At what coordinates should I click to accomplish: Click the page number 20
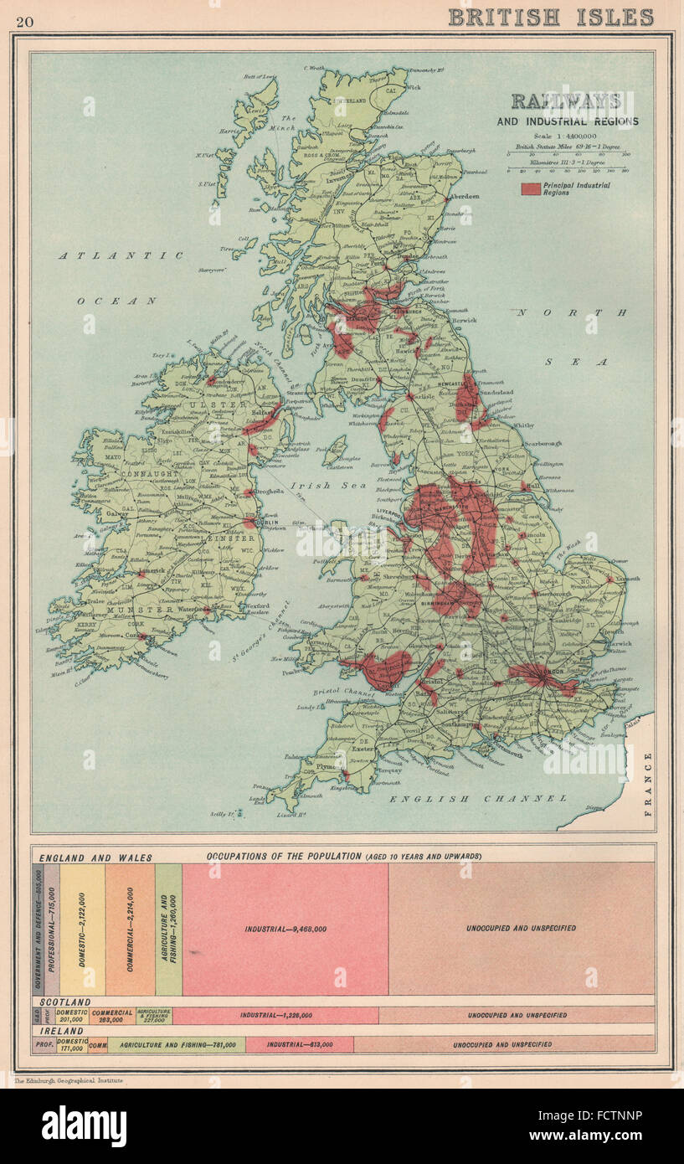(25, 20)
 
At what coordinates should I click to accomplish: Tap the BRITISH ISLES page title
(550, 17)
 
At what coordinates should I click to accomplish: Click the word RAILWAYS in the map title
(567, 101)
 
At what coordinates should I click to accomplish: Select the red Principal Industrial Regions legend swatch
(529, 188)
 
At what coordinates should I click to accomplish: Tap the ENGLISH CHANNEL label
(477, 799)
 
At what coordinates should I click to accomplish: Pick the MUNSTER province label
(145, 610)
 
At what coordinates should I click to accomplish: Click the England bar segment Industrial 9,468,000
(285, 929)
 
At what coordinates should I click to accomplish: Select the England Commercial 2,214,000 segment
(131, 929)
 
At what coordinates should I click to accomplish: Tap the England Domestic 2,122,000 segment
(82, 929)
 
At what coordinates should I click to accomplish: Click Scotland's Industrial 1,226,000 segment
(276, 1015)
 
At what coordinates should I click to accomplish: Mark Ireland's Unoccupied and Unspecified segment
(502, 1044)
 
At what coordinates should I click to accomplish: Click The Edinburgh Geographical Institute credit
(69, 1081)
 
